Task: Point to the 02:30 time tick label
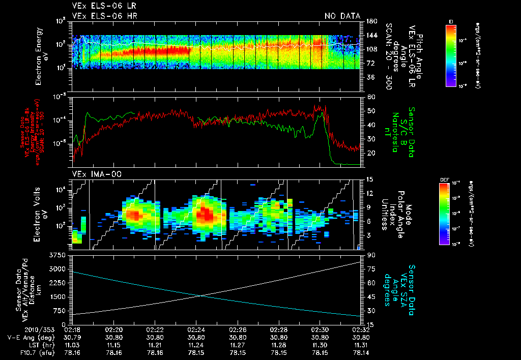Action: [320, 329]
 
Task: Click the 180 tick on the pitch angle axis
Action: [371, 21]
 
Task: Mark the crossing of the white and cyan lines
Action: [199, 295]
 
